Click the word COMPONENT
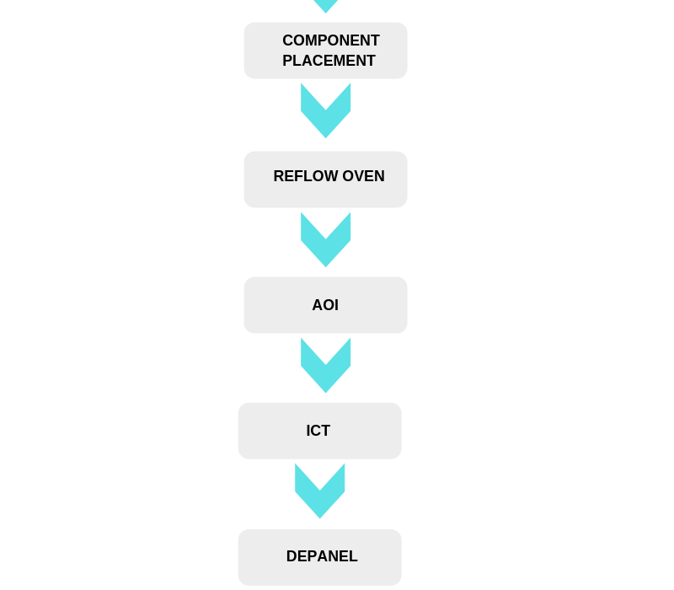(331, 40)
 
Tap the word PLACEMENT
(329, 61)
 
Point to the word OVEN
(364, 176)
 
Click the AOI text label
(325, 305)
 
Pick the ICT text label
(318, 431)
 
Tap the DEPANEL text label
(322, 556)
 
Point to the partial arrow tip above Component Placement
(325, 5)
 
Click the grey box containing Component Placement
(325, 51)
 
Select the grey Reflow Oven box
(325, 180)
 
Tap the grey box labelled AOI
(325, 305)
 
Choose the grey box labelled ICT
(320, 431)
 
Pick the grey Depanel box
(320, 557)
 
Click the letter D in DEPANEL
(292, 556)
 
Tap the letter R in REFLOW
(279, 176)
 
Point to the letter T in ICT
(325, 431)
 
